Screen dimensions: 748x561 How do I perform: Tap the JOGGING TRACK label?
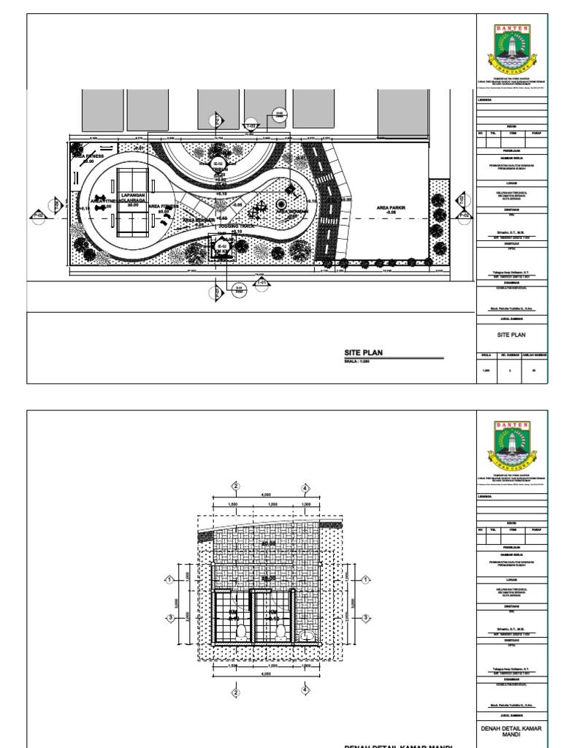pyautogui.click(x=235, y=227)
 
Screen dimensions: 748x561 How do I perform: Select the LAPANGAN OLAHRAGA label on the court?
pyautogui.click(x=133, y=199)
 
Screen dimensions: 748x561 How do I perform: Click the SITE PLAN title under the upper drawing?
pyautogui.click(x=364, y=353)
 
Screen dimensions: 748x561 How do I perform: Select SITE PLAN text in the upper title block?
pyautogui.click(x=511, y=335)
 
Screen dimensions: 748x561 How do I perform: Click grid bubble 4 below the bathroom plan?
pyautogui.click(x=305, y=689)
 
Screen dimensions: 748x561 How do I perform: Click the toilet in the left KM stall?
pyautogui.click(x=240, y=632)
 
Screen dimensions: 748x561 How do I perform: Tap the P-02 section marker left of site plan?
pyautogui.click(x=38, y=215)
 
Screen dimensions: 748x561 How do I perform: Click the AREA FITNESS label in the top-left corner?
pyautogui.click(x=88, y=156)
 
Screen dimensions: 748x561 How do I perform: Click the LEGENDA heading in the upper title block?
pyautogui.click(x=485, y=99)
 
